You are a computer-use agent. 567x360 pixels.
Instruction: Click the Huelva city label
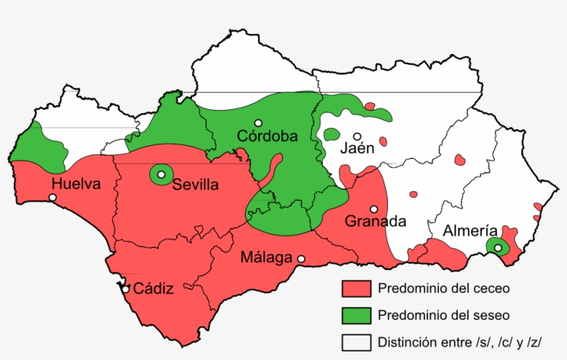coord(76,184)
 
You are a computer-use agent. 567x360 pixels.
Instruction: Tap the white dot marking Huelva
coord(53,198)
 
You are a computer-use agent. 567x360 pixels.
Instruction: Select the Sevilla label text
coord(196,184)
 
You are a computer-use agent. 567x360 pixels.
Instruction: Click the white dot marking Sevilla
coord(161,175)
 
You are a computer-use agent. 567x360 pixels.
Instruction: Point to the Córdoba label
coord(268,136)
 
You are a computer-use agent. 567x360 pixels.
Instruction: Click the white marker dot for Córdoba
coord(258,122)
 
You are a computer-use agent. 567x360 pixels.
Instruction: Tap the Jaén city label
coord(357,148)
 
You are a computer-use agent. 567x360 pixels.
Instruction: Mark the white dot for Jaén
coord(357,136)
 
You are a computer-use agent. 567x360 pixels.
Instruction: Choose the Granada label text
coord(375,222)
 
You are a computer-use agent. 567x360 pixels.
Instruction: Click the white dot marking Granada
coord(374,209)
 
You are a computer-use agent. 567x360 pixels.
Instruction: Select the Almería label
coord(470,231)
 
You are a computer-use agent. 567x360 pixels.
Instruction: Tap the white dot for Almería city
coord(498,247)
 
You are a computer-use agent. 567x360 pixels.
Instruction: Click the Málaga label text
coord(266,258)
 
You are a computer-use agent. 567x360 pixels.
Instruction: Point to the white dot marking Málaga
coord(301,259)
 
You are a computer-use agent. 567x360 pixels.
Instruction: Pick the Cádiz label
coord(153,288)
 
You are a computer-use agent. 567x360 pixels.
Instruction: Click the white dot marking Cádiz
coord(125,289)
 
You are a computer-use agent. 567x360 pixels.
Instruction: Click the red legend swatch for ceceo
coord(357,288)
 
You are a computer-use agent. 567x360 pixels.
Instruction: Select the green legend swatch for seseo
coord(357,315)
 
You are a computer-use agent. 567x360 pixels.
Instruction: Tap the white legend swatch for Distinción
coord(357,342)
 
